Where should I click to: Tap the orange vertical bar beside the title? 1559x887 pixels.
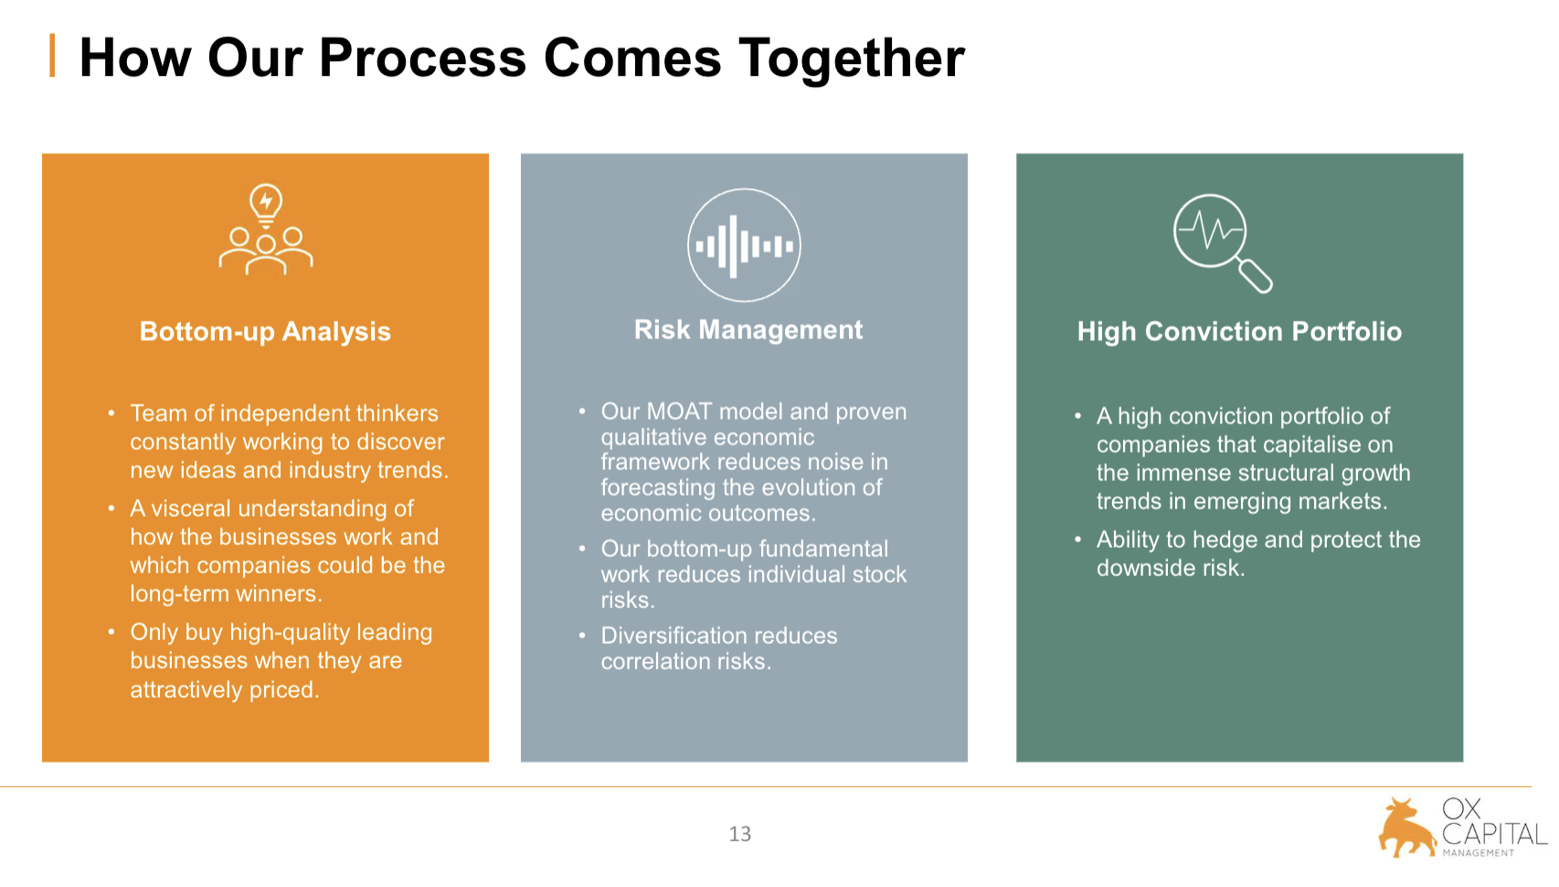point(52,56)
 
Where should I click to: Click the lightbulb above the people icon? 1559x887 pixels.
point(266,203)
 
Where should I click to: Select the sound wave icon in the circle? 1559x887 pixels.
point(744,246)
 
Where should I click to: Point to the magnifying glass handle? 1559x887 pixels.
point(1256,275)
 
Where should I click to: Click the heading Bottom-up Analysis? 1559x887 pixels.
point(265,331)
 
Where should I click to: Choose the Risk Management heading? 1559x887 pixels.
point(748,329)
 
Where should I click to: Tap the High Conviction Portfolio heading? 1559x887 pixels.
point(1239,331)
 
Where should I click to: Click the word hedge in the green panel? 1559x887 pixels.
point(1225,540)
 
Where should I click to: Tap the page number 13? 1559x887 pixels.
point(740,834)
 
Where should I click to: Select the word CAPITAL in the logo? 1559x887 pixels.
point(1494,834)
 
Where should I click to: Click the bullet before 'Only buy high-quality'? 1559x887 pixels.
point(111,632)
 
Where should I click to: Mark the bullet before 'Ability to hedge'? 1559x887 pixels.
point(1078,540)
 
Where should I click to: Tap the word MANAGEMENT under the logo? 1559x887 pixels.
point(1479,853)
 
